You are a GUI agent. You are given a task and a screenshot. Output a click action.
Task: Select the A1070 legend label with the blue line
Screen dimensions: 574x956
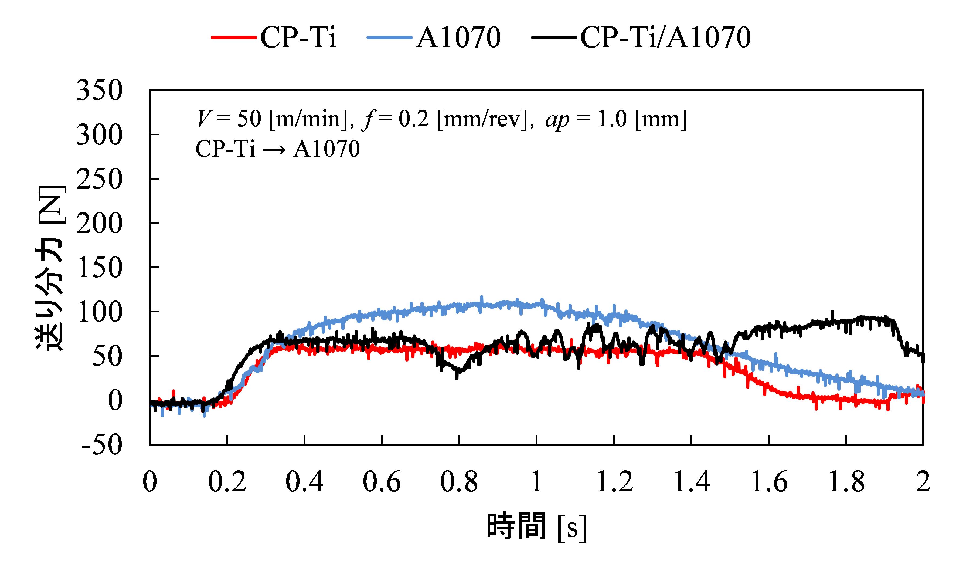point(458,38)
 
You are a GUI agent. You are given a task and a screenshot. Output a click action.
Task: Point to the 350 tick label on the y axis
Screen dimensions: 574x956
point(99,91)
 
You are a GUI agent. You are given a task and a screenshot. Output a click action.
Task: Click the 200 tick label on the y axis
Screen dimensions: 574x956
point(99,224)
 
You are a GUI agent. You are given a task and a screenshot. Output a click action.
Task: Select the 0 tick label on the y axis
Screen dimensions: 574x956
point(115,401)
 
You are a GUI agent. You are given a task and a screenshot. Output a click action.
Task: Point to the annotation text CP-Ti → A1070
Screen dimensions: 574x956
point(277,149)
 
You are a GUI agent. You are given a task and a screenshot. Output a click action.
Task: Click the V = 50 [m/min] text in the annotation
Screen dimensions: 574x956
point(274,119)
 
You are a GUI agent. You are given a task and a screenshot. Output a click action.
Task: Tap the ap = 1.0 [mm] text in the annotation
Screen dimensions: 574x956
point(615,119)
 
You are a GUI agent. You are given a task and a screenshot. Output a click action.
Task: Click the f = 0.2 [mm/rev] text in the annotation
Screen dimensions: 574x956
point(444,119)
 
